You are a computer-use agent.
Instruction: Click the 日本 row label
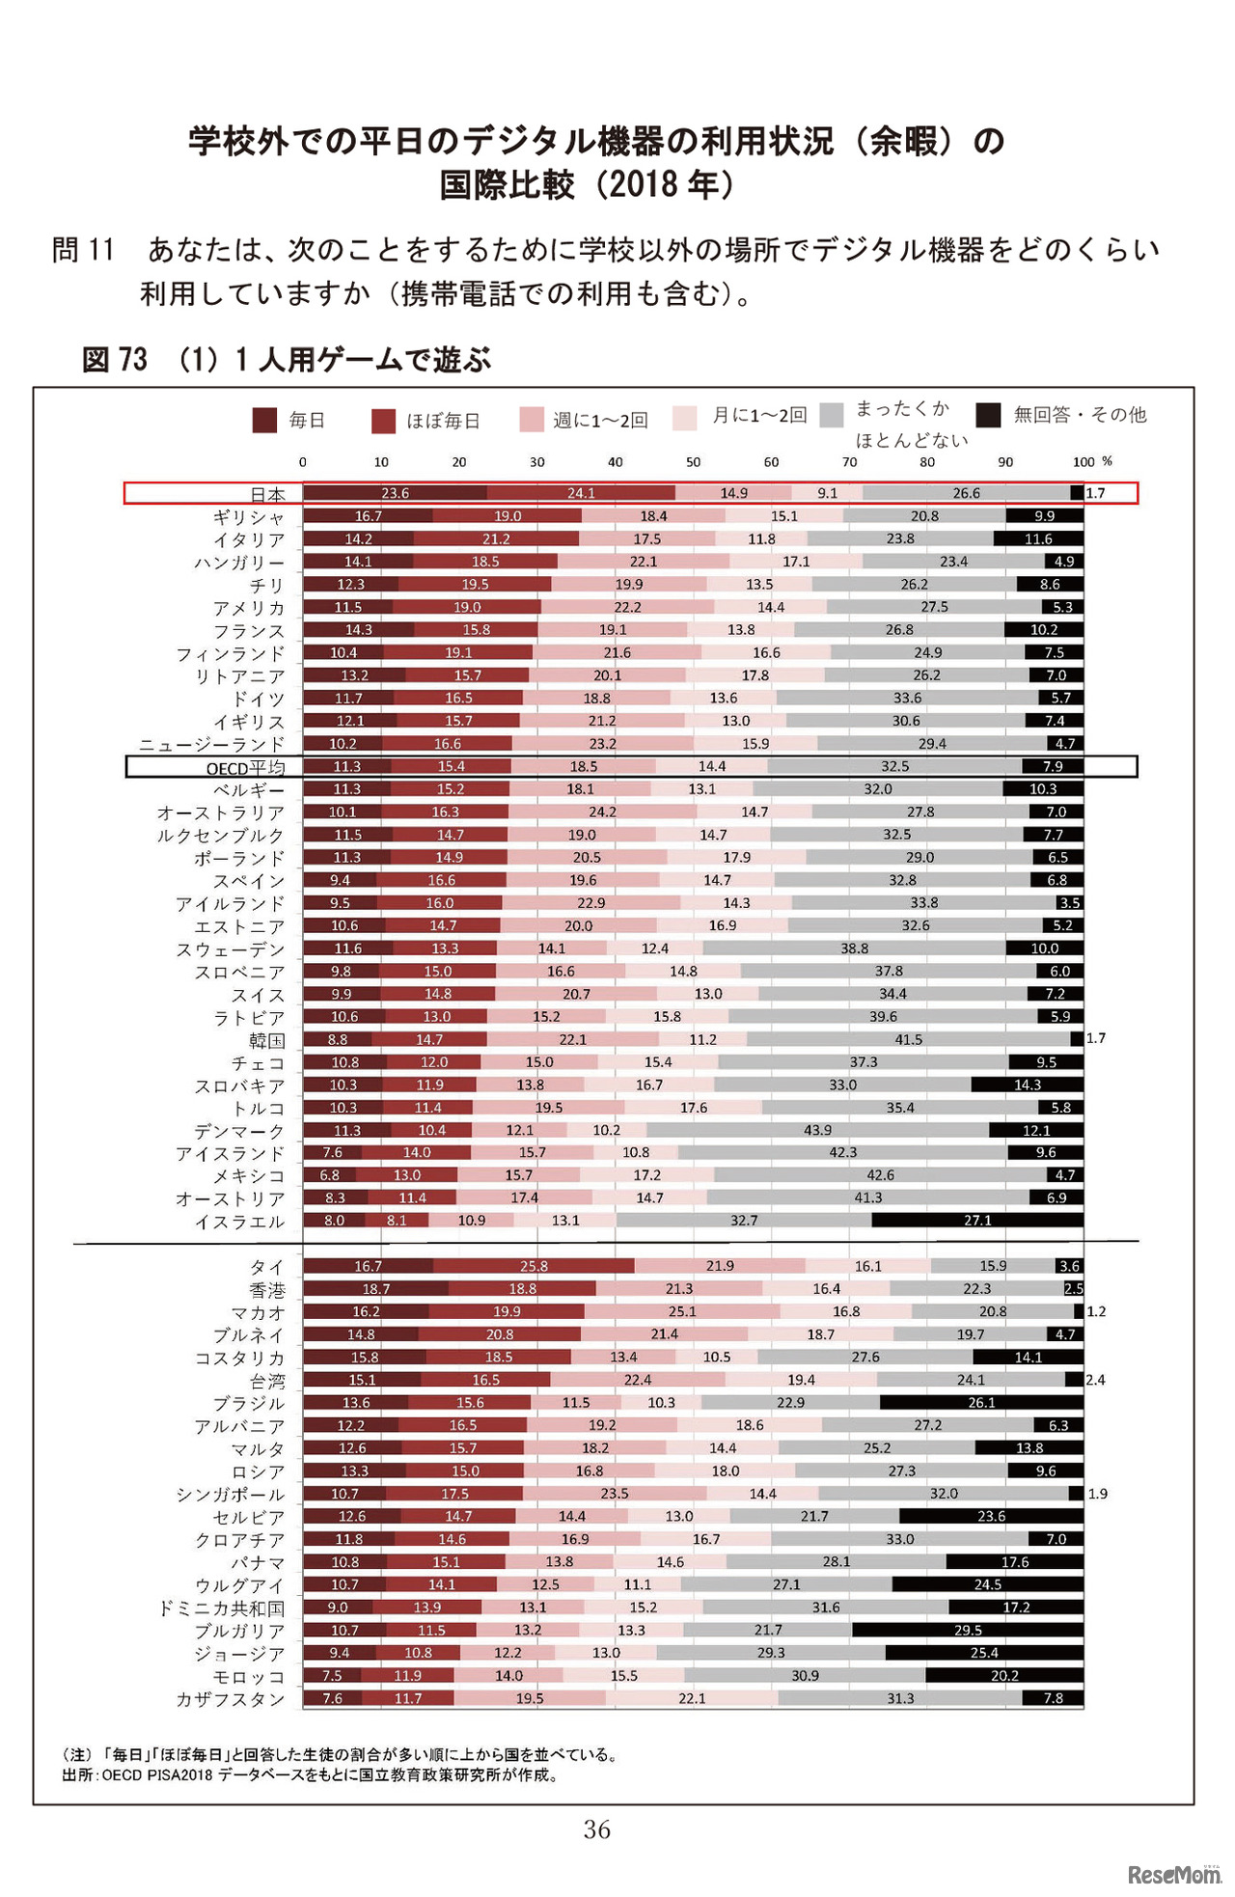pyautogui.click(x=267, y=494)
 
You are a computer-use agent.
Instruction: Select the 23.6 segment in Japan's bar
pyautogui.click(x=395, y=493)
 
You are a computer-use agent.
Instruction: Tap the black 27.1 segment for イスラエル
pyautogui.click(x=977, y=1221)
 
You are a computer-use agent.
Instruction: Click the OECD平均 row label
pyautogui.click(x=246, y=768)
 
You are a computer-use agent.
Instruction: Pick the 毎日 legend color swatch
pyautogui.click(x=264, y=420)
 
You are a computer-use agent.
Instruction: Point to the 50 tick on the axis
pyautogui.click(x=693, y=462)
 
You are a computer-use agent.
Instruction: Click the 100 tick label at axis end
pyautogui.click(x=1084, y=462)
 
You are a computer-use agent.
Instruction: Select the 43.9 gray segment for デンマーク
pyautogui.click(x=817, y=1130)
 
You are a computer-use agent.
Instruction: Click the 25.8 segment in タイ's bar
pyautogui.click(x=534, y=1266)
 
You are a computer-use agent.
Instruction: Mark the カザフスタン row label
pyautogui.click(x=230, y=1699)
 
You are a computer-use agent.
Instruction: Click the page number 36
pyautogui.click(x=596, y=1829)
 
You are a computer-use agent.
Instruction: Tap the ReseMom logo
pyautogui.click(x=1173, y=1875)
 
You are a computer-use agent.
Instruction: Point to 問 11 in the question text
pyautogui.click(x=83, y=250)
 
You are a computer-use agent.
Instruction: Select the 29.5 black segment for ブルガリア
pyautogui.click(x=967, y=1630)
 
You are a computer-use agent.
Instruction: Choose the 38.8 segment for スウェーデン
pyautogui.click(x=854, y=948)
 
